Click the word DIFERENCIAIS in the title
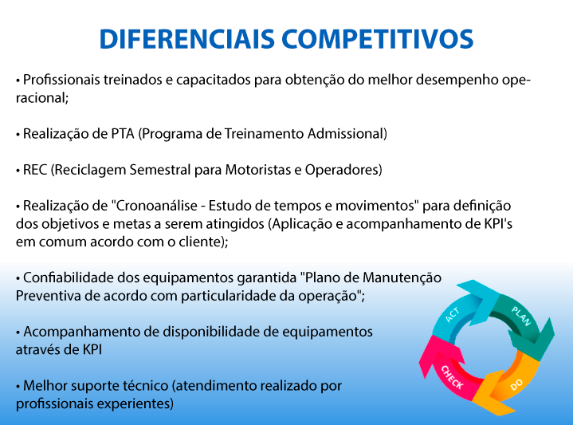(x=186, y=39)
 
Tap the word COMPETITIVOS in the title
(x=378, y=39)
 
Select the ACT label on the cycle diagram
(x=453, y=315)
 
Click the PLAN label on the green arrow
(x=521, y=316)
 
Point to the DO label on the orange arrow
(x=516, y=385)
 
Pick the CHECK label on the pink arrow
(x=452, y=377)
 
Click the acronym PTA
(x=123, y=134)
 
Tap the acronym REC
(x=35, y=170)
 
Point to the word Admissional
(x=344, y=134)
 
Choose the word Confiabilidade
(x=69, y=277)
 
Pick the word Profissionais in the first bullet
(x=61, y=80)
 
